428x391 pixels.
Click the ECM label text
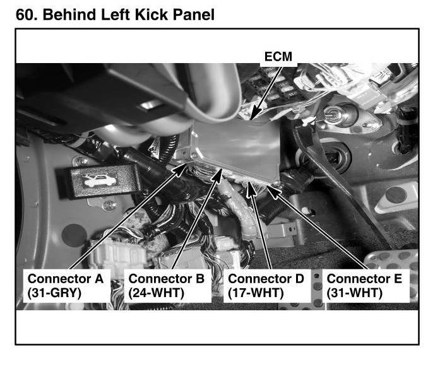pyautogui.click(x=278, y=56)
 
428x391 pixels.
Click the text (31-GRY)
pyautogui.click(x=54, y=293)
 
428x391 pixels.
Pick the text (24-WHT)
pyautogui.click(x=156, y=293)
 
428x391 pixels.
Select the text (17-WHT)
pyautogui.click(x=256, y=293)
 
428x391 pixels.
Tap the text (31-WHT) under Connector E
pyautogui.click(x=355, y=293)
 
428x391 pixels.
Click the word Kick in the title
pyautogui.click(x=152, y=15)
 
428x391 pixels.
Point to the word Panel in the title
pyautogui.click(x=194, y=15)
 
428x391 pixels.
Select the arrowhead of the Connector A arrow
pyautogui.click(x=180, y=169)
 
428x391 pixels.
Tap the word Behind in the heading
pyautogui.click(x=69, y=15)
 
